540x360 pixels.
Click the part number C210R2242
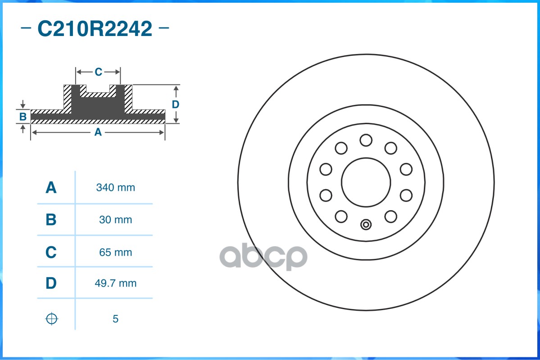(x=95, y=29)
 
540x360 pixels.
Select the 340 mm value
(x=115, y=188)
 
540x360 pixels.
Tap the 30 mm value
(x=115, y=220)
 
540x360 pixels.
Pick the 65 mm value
(x=115, y=252)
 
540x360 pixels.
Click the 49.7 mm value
(x=115, y=283)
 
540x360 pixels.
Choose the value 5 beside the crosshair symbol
(x=115, y=319)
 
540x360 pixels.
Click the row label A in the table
(x=51, y=188)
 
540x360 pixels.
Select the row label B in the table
(x=51, y=220)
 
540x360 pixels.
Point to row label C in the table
(x=51, y=252)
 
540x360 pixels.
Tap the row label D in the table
(x=51, y=283)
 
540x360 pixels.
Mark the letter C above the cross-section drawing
(x=98, y=72)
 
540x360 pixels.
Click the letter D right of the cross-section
(x=176, y=104)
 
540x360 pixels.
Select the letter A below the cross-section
(x=98, y=132)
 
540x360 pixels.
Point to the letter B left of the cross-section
(x=23, y=117)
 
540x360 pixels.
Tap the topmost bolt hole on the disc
(x=366, y=140)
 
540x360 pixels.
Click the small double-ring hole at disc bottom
(x=366, y=224)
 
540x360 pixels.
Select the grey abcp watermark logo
(x=263, y=257)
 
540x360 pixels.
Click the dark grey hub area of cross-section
(x=98, y=106)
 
